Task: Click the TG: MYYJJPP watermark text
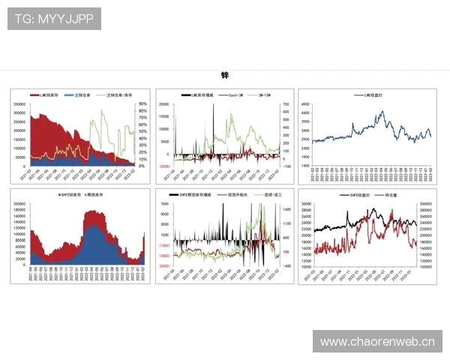(54, 18)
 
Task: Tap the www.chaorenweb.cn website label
(377, 342)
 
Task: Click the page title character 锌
(224, 76)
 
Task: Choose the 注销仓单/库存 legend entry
(118, 95)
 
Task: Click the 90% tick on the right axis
(142, 104)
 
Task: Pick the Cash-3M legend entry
(231, 95)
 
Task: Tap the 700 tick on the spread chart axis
(286, 104)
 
